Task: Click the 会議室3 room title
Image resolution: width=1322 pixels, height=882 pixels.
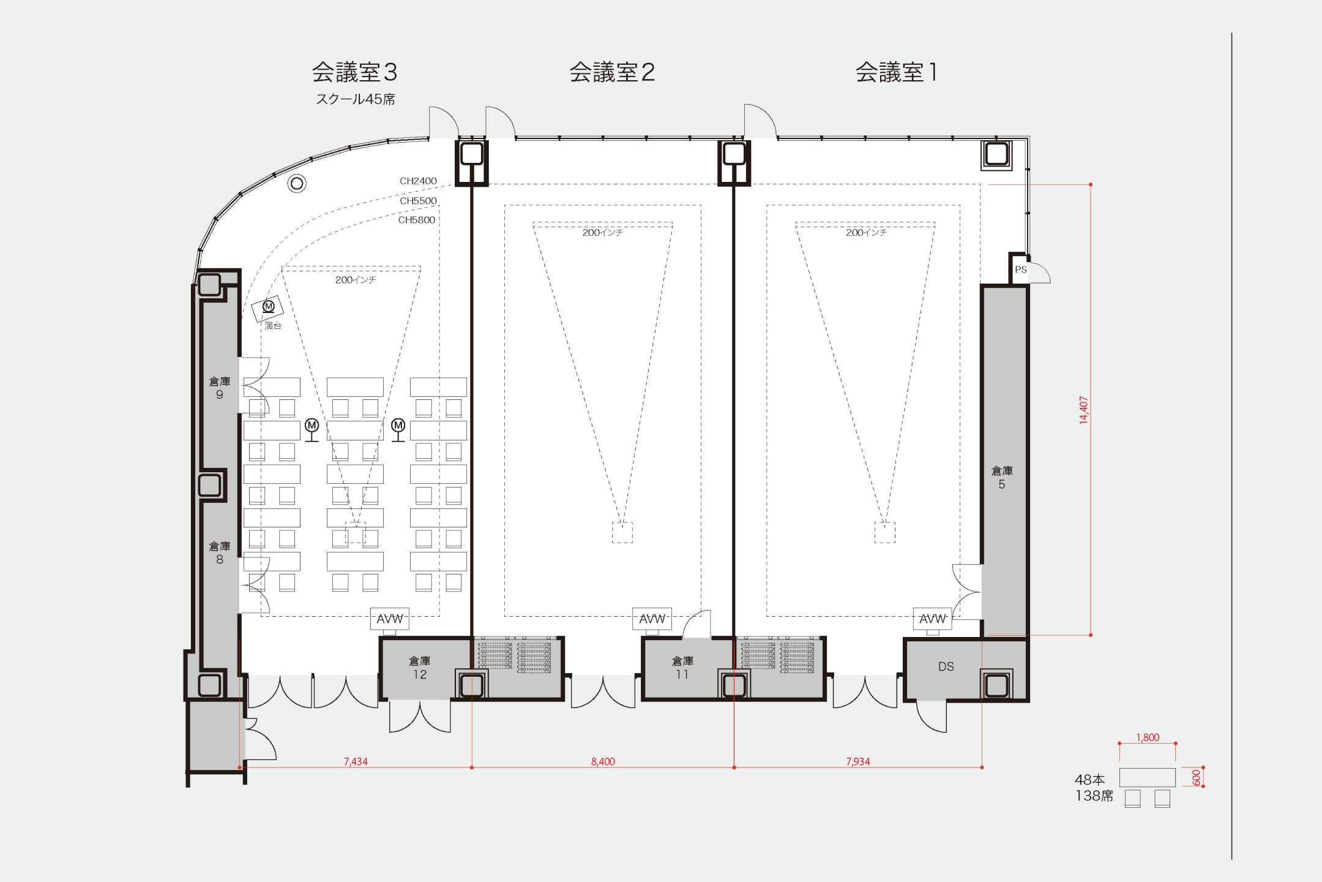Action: pos(354,72)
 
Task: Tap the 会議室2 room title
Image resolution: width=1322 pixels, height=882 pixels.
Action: pos(612,72)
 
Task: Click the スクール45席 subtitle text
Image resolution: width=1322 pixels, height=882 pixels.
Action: pos(355,99)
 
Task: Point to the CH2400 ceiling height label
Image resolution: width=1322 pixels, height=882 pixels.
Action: pos(418,181)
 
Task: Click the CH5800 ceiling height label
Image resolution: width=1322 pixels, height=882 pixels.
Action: pos(416,220)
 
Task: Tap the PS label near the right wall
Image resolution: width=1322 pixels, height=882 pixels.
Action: pos(1020,269)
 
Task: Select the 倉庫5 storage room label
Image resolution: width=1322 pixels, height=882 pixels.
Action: pos(1002,477)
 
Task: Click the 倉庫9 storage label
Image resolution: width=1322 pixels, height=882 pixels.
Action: pos(220,388)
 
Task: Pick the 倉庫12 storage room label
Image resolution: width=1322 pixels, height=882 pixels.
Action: pos(420,668)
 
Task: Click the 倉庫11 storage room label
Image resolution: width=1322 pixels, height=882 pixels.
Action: pos(682,668)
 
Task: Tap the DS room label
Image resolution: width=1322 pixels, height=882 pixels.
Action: pos(946,666)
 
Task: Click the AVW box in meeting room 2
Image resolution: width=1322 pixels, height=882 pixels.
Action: pos(652,619)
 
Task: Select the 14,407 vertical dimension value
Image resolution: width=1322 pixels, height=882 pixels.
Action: pos(1083,410)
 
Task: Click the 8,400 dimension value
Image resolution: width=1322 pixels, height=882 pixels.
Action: pos(603,761)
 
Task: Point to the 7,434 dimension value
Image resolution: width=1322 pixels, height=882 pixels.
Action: pos(356,761)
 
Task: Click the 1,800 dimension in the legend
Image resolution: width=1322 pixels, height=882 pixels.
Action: pos(1148,737)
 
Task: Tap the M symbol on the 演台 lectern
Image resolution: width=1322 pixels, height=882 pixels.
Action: pos(268,306)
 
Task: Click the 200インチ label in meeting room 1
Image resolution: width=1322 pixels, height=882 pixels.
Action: pos(866,233)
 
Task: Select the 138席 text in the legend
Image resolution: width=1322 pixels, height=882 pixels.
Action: pos(1094,796)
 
